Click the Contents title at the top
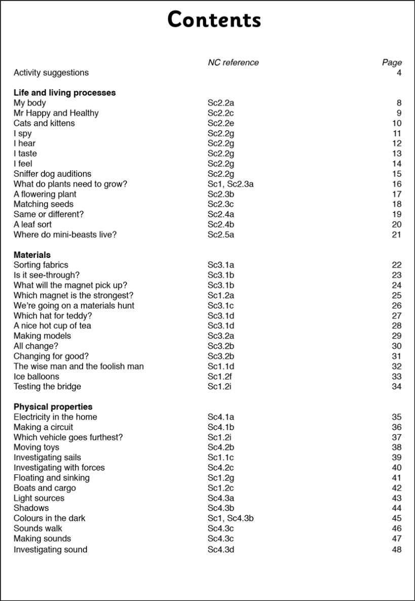tap(214, 20)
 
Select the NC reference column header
tap(233, 62)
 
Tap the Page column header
tap(391, 62)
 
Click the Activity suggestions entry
tap(51, 72)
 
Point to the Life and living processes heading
tap(64, 93)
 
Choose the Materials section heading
tap(32, 255)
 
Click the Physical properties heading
tap(53, 407)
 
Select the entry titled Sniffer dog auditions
tap(52, 174)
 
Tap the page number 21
tap(396, 235)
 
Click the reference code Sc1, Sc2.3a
tap(230, 184)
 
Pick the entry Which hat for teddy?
tap(53, 316)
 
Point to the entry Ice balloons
tap(36, 377)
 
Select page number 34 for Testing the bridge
tap(396, 387)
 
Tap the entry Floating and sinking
tap(51, 478)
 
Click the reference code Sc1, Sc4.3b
tap(230, 518)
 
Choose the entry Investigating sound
tap(50, 550)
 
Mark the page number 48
tap(396, 550)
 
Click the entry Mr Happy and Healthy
tap(56, 113)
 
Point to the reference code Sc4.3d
tap(221, 550)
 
